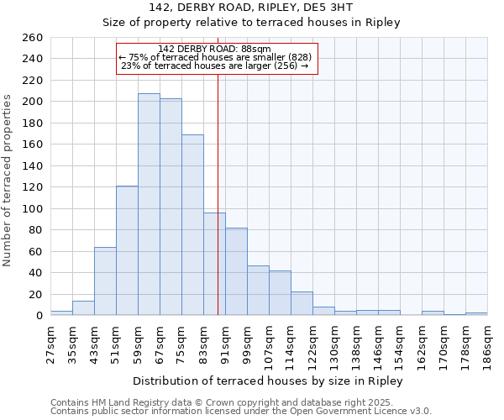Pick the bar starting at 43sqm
coord(105,281)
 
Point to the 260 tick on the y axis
coord(33,38)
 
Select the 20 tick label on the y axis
coord(36,294)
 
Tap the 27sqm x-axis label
coord(50,344)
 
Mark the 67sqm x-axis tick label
coord(160,344)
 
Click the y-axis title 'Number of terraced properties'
coord(8,181)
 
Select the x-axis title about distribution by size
coord(268,381)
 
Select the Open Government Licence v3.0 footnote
coord(241,411)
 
